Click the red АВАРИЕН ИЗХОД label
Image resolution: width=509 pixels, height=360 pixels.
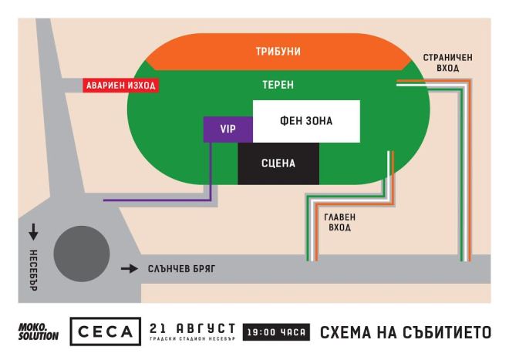point(120,86)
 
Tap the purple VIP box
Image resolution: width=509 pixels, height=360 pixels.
point(228,129)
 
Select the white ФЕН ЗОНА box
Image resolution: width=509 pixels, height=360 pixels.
point(306,122)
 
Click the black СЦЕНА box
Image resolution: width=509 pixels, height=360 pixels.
point(277,163)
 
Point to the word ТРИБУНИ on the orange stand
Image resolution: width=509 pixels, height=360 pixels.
point(278,52)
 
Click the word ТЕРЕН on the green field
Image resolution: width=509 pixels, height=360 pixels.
point(278,84)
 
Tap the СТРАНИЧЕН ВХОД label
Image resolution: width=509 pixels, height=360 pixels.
point(441,63)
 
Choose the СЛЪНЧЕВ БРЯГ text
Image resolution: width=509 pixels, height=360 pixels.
point(180,269)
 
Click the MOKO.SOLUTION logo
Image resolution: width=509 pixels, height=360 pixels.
point(38,333)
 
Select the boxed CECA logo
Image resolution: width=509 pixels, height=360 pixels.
point(105,332)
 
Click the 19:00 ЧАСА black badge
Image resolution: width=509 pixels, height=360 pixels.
point(276,333)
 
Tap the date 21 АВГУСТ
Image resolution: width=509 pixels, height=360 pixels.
point(193,328)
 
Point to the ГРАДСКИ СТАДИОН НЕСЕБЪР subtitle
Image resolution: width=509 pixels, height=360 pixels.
point(193,339)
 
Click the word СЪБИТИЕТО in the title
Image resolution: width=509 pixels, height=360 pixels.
point(449,333)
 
